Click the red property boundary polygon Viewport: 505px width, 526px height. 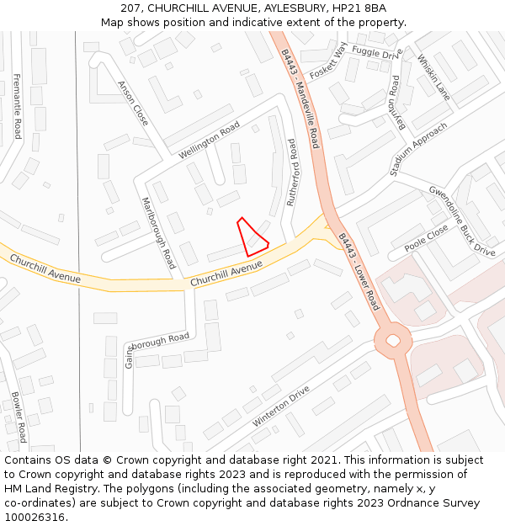(252, 239)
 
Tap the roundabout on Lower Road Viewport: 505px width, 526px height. (392, 342)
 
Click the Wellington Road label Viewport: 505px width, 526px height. (210, 142)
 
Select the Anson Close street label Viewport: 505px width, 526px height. (133, 104)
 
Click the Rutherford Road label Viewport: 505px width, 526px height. (293, 172)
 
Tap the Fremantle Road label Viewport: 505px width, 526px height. (17, 105)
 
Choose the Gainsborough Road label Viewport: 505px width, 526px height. (157, 349)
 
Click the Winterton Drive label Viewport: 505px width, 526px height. (281, 406)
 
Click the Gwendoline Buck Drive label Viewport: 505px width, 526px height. (462, 220)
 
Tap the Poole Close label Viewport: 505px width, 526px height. (426, 239)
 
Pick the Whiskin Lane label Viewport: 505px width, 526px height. (433, 77)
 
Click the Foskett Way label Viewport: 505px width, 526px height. (328, 60)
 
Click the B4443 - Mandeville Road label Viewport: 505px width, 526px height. (300, 98)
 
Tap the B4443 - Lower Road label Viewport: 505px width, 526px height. (359, 271)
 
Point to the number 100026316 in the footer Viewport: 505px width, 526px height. (34, 517)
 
